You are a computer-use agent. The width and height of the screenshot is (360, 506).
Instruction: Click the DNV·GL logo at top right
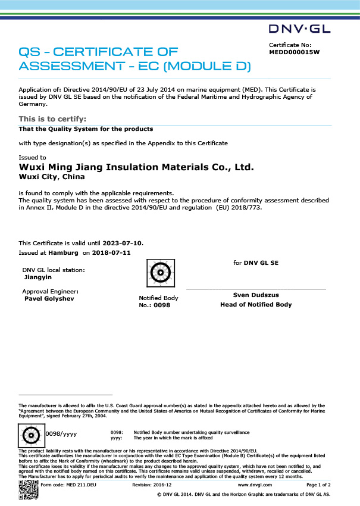coord(300,29)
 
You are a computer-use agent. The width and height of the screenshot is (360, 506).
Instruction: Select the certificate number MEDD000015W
coord(295,52)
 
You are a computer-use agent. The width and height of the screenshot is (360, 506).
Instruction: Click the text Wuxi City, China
coord(52,177)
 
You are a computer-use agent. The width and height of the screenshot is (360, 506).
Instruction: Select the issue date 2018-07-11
coord(111,252)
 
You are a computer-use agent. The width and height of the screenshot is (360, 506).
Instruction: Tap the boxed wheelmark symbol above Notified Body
coord(159,275)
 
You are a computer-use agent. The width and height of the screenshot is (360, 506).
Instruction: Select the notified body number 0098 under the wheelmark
coord(162,305)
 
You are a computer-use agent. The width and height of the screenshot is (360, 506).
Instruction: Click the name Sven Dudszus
coord(256,295)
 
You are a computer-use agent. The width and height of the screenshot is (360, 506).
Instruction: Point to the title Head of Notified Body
coord(256,305)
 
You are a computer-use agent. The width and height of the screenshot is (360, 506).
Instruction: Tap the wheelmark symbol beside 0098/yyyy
coord(32,436)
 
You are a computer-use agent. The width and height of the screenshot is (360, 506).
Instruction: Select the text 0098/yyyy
coord(61,434)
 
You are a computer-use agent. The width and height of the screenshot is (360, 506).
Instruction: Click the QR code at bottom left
coord(27,491)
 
